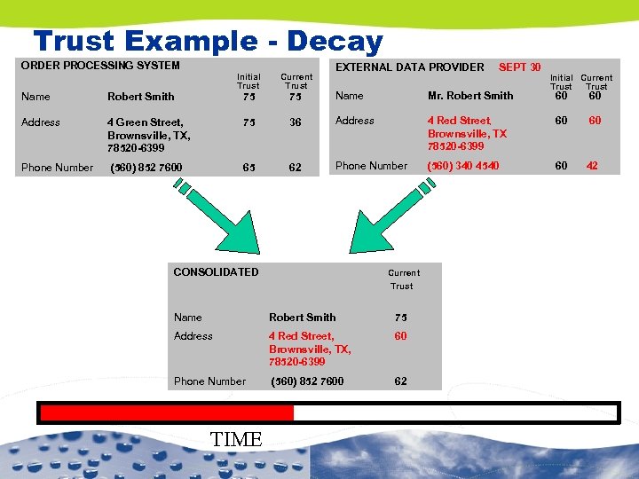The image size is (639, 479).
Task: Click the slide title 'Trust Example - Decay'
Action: click(208, 41)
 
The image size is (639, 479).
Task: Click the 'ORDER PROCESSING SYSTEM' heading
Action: click(100, 66)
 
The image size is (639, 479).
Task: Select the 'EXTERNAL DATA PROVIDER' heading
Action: click(409, 67)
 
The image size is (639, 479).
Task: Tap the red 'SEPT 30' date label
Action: click(520, 67)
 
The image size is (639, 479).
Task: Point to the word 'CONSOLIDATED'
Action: click(216, 272)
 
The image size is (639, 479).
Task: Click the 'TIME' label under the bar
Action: click(237, 439)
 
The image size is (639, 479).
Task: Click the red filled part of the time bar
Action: click(167, 412)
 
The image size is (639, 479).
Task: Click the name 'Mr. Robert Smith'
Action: click(470, 96)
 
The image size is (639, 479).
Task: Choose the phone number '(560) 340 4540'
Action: click(463, 166)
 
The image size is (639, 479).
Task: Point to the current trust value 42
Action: click(592, 166)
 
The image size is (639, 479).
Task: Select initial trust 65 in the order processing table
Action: click(248, 167)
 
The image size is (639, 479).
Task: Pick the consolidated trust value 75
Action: click(401, 318)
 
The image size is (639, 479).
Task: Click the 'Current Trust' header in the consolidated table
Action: click(403, 279)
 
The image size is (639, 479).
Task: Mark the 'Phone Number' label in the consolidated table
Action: click(209, 381)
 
